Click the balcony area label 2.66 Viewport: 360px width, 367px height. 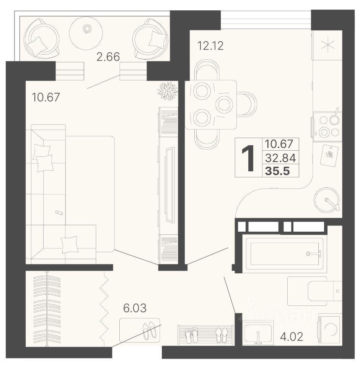(108, 57)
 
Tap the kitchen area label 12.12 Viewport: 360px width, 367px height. (210, 45)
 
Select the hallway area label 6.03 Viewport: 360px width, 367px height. (135, 308)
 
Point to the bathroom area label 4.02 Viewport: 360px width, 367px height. (292, 337)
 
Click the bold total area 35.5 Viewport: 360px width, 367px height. (277, 171)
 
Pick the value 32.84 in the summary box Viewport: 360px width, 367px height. (280, 158)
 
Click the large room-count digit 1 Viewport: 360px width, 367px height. (248, 158)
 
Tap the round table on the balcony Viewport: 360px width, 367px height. (86, 33)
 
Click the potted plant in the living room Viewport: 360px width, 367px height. (168, 91)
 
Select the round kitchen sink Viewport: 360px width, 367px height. (326, 199)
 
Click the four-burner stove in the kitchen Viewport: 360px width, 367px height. (327, 127)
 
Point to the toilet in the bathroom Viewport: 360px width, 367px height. (315, 291)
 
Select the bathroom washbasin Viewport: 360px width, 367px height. (258, 332)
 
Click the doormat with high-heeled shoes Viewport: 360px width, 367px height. (140, 330)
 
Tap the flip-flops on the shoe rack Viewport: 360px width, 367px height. (191, 335)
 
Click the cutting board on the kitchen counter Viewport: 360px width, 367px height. (329, 155)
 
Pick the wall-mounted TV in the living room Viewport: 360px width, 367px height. (169, 184)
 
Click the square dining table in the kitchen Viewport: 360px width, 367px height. (211, 105)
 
